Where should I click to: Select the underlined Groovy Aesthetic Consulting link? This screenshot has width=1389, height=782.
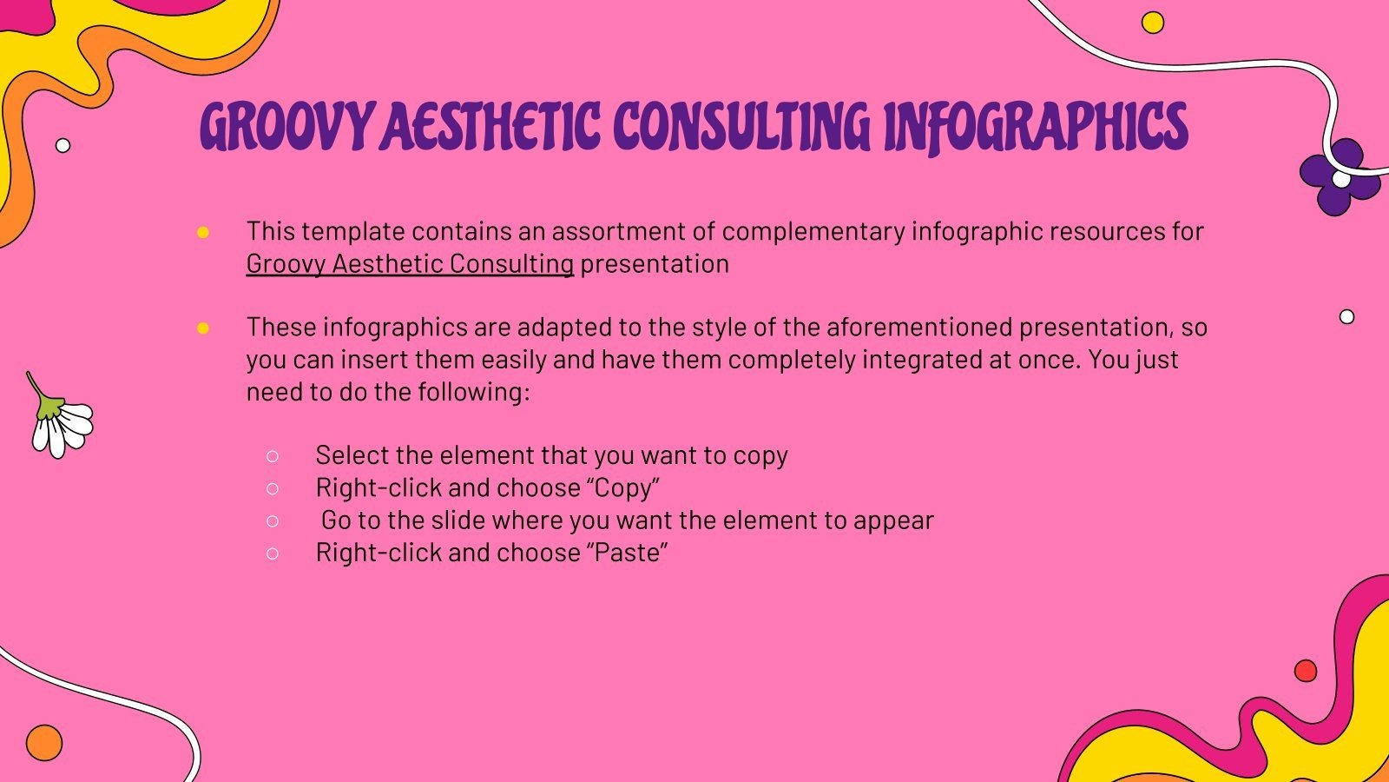410,264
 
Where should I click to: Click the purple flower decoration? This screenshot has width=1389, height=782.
1338,178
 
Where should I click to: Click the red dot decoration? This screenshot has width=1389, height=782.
1305,671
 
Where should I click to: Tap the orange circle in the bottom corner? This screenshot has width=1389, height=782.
44,743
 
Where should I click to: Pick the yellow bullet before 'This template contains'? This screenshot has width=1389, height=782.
203,232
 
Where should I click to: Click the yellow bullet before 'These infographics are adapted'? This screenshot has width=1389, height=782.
203,328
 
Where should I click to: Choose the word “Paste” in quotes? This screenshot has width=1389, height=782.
630,553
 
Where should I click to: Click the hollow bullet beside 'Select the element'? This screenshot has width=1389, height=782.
273,456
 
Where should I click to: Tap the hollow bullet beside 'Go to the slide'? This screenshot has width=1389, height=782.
273,521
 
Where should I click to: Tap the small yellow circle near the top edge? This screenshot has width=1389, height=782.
1152,23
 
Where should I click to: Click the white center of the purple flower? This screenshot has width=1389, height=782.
1341,179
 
